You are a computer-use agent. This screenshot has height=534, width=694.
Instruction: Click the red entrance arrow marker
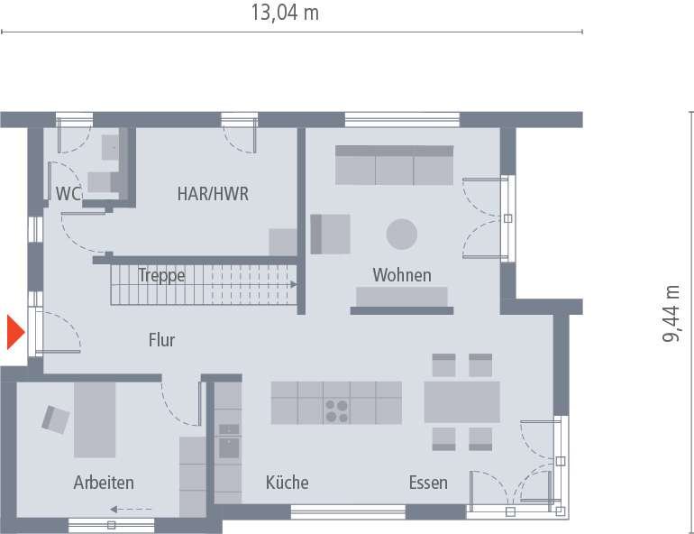tap(14, 332)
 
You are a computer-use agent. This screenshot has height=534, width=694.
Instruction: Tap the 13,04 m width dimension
tap(284, 13)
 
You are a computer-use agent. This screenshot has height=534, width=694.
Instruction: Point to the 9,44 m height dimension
tap(672, 313)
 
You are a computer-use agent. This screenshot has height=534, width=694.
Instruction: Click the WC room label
tap(68, 193)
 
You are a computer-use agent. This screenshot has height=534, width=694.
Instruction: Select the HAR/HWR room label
tap(213, 193)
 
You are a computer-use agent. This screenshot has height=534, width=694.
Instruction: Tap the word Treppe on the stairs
tap(161, 275)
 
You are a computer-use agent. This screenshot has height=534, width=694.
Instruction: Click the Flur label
tap(162, 340)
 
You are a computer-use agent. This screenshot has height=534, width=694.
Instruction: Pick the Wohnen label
tap(402, 275)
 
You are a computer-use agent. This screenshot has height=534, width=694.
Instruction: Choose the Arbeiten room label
tap(104, 483)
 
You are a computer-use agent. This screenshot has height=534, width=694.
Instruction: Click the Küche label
tap(287, 483)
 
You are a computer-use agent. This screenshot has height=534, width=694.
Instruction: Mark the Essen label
tap(427, 483)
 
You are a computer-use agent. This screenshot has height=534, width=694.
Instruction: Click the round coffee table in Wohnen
tap(402, 235)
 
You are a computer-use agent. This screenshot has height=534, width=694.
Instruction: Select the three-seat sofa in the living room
tap(394, 165)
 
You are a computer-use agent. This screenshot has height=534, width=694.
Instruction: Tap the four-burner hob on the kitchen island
tap(337, 410)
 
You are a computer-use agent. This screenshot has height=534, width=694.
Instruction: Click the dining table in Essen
tap(461, 401)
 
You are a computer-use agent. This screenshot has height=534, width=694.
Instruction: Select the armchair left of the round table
tap(330, 234)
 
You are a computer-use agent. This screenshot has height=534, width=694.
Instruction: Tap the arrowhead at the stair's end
tap(293, 284)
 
